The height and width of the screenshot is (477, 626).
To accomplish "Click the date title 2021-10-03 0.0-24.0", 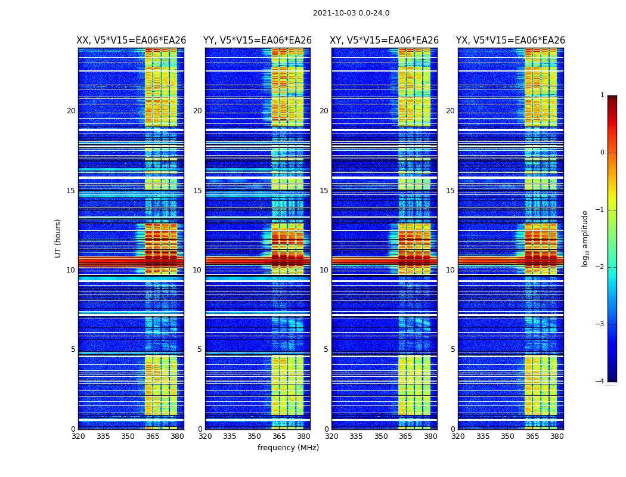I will [x=351, y=13].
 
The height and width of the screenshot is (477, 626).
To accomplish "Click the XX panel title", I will [x=131, y=41].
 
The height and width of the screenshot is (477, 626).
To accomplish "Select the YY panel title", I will [x=258, y=41].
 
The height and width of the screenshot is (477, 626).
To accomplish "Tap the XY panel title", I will [x=385, y=41].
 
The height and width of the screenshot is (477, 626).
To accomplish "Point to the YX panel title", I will [x=511, y=41].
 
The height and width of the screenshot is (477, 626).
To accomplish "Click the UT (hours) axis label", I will [x=58, y=238].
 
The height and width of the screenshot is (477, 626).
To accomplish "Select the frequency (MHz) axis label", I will [x=288, y=448].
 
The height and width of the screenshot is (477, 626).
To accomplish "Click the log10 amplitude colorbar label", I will [x=585, y=238].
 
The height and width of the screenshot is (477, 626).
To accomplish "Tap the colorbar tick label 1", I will [x=602, y=95].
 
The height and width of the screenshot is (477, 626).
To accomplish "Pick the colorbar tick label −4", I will [x=601, y=382].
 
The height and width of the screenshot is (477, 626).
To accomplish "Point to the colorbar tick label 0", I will [x=602, y=153].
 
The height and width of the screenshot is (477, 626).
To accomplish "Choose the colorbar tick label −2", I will [x=601, y=267].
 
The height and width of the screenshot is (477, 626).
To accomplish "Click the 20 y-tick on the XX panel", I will [x=71, y=111].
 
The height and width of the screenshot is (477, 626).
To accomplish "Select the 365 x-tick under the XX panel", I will [x=153, y=436].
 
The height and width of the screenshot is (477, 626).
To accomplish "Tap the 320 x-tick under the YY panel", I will [x=205, y=436].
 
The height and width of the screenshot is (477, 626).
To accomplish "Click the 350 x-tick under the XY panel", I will [x=381, y=436].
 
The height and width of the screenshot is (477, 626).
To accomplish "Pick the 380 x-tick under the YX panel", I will [x=557, y=436].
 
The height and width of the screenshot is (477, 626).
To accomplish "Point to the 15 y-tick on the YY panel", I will [x=197, y=191].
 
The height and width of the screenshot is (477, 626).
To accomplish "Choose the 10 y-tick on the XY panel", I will [x=324, y=270].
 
